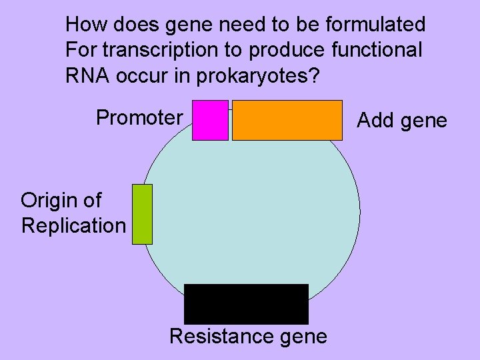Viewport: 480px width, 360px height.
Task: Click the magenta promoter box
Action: pyautogui.click(x=210, y=120)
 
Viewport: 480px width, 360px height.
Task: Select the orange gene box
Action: pyautogui.click(x=287, y=120)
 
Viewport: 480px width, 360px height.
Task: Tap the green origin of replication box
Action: pyautogui.click(x=142, y=214)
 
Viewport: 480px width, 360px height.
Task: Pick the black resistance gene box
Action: pyautogui.click(x=246, y=304)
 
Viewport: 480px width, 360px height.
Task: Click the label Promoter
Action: pyautogui.click(x=139, y=118)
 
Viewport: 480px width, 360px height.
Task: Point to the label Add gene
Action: pyautogui.click(x=402, y=120)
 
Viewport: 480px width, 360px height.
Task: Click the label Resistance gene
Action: pyautogui.click(x=248, y=337)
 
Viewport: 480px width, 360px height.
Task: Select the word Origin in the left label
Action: pyautogui.click(x=51, y=200)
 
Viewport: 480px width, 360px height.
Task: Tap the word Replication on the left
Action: pyautogui.click(x=73, y=225)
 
